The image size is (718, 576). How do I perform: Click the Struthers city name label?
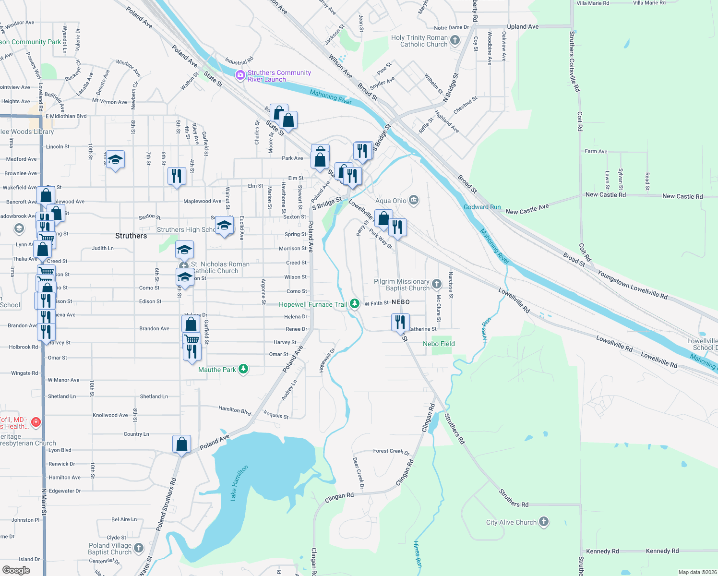click(x=131, y=236)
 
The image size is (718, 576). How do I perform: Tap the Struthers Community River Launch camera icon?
click(x=240, y=75)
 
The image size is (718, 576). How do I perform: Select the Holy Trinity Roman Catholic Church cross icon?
click(x=455, y=41)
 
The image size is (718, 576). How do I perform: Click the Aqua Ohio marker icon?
click(x=414, y=200)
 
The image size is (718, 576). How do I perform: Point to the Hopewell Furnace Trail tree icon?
click(x=354, y=303)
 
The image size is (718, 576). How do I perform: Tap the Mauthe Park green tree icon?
click(x=243, y=369)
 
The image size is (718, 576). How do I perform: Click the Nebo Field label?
click(x=439, y=344)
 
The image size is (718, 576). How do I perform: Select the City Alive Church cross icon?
click(x=543, y=522)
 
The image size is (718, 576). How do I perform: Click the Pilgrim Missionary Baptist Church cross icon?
click(x=436, y=284)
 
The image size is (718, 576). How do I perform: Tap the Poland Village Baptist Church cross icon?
click(x=138, y=548)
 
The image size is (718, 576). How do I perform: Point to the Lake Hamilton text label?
click(x=239, y=483)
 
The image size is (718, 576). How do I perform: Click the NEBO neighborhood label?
click(x=401, y=302)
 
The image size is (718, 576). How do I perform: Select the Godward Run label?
click(x=482, y=207)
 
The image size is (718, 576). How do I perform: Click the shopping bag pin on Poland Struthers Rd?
click(x=181, y=444)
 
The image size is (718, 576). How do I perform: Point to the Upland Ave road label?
click(x=523, y=27)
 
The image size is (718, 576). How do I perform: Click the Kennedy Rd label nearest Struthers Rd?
click(x=602, y=551)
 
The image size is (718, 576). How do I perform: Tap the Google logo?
click(x=16, y=570)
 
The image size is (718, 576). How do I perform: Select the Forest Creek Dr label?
click(x=391, y=451)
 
